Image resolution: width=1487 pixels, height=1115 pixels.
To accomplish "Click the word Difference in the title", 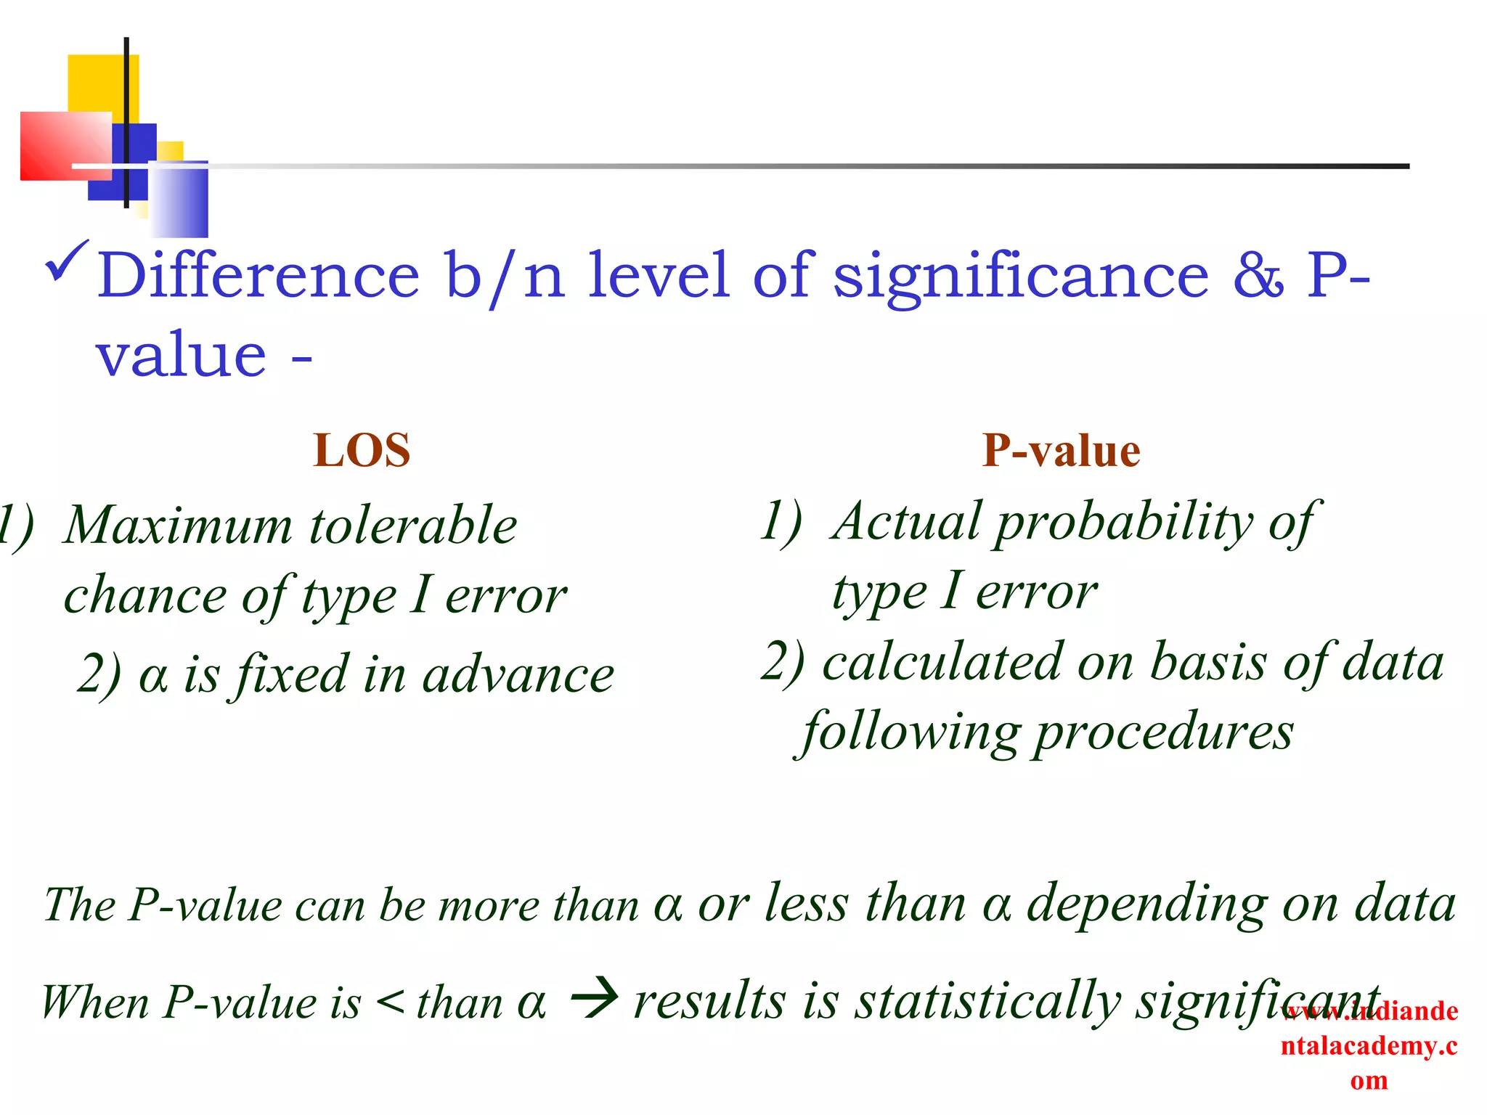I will pos(258,275).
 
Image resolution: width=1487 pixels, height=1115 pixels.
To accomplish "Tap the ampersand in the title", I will pos(1258,275).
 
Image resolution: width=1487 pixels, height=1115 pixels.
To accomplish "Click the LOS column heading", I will pos(362,451).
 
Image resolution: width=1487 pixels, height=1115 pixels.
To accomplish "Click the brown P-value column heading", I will pos(1061,451).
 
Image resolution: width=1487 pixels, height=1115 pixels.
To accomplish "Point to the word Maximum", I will pos(178,525).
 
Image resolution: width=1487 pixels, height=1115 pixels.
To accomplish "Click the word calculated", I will pos(942,663).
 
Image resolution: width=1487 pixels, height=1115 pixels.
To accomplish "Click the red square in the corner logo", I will pos(65,145).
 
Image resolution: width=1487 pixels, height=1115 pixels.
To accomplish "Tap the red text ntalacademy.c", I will pos(1369,1046).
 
